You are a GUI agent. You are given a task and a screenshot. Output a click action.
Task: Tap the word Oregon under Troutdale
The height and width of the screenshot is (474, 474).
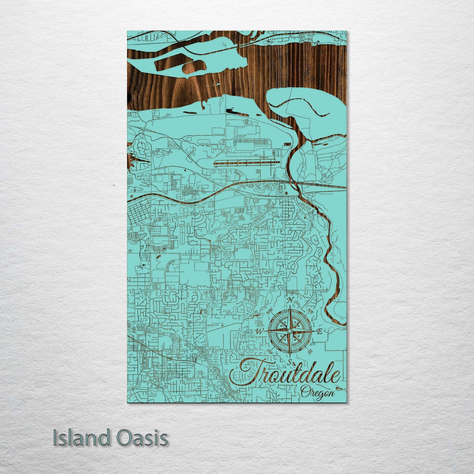(317, 392)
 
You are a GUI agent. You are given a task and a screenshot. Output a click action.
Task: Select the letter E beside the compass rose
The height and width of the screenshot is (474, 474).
(319, 332)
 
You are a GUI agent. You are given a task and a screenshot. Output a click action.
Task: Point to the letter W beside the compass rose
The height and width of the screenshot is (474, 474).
(259, 332)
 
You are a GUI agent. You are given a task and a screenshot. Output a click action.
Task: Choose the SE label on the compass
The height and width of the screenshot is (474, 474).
(310, 352)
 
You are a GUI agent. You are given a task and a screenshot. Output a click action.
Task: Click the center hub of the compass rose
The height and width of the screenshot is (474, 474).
(290, 331)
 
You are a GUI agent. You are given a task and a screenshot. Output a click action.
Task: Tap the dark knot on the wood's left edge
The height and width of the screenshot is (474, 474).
(128, 96)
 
